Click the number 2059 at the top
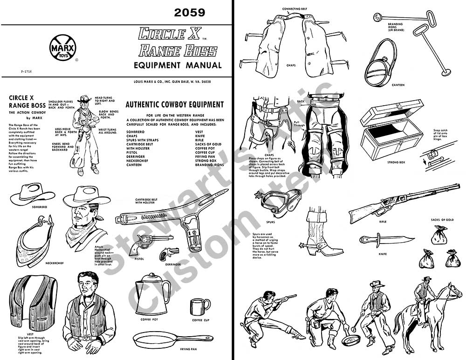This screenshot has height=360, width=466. [x=189, y=13]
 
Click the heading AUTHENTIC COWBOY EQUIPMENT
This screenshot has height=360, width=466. [x=175, y=104]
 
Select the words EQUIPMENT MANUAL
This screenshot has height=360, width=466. [x=178, y=65]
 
